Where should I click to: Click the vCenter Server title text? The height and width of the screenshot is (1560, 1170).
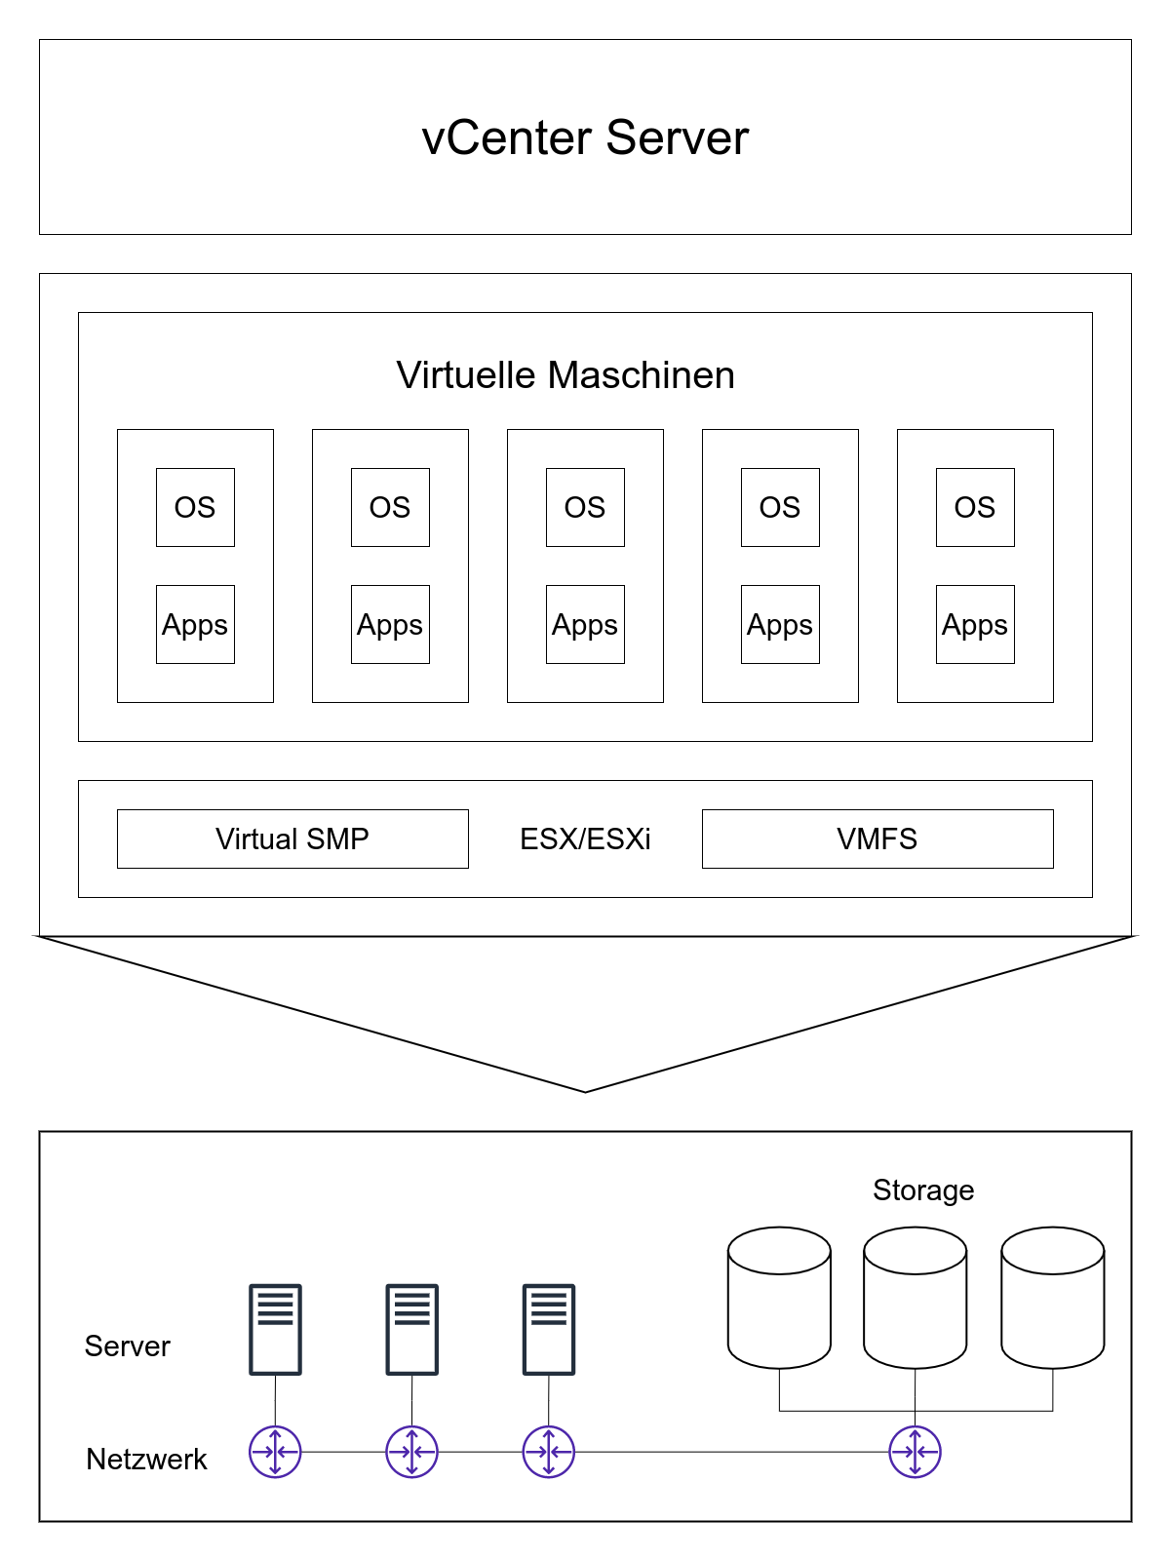tap(585, 137)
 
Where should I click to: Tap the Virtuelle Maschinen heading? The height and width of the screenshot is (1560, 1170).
tap(565, 375)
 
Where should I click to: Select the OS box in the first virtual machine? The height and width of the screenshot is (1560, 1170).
tap(195, 507)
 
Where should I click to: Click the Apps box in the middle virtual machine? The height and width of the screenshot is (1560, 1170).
tap(585, 624)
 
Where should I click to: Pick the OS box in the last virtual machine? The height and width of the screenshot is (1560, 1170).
tap(975, 507)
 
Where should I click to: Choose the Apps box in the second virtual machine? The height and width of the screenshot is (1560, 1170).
tap(390, 624)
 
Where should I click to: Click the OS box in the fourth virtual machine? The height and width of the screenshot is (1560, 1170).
tap(780, 507)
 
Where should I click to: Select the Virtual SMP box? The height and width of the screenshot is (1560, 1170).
tap(292, 838)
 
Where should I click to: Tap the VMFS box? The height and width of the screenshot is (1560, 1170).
tap(877, 838)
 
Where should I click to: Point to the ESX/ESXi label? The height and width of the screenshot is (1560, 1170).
tap(585, 839)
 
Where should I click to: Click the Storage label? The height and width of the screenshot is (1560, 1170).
tap(923, 1190)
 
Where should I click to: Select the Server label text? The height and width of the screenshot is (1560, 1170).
tap(127, 1346)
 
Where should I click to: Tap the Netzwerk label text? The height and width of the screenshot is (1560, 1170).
tap(146, 1460)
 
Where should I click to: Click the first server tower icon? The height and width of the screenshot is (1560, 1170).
tap(275, 1329)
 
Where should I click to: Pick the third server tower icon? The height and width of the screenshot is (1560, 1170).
tap(549, 1329)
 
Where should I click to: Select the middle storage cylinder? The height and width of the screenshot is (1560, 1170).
tap(916, 1298)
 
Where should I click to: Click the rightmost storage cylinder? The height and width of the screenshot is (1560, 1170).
tap(1053, 1298)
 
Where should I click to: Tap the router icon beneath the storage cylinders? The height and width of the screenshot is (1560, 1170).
tap(916, 1452)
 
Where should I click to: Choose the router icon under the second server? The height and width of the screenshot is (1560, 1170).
tap(412, 1452)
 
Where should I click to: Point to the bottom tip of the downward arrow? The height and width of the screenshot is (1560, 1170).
tap(585, 1090)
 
